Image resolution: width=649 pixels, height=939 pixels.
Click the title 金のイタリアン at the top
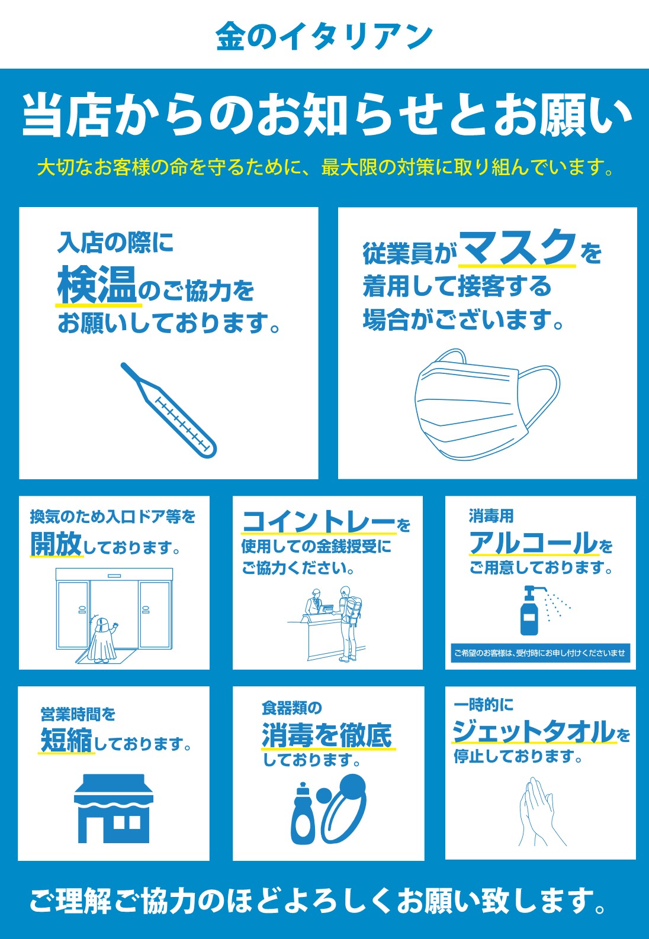coord(324,36)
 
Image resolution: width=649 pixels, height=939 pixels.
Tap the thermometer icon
coord(169,411)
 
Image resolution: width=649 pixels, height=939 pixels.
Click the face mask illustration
coord(487,404)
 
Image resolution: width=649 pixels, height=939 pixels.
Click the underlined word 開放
coord(56,544)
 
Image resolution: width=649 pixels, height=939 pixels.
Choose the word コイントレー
coord(319,521)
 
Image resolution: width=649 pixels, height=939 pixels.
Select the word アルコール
coord(534,543)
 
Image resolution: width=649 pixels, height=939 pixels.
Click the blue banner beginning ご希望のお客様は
coord(541,653)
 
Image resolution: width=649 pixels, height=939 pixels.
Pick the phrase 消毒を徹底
coord(327,735)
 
